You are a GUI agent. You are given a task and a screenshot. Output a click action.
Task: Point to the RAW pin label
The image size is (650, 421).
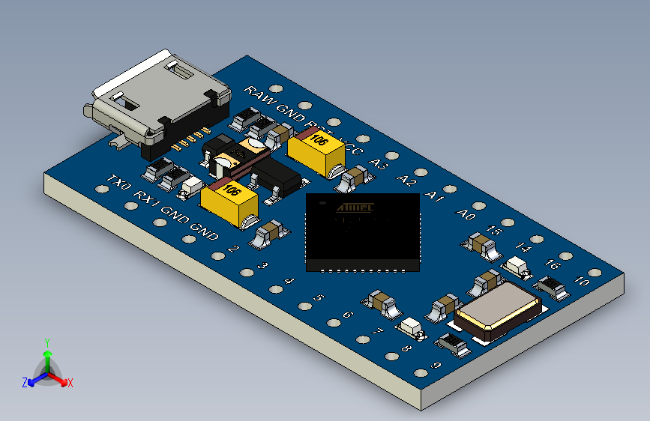(260, 95)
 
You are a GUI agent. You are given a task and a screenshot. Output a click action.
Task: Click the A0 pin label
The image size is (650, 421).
(466, 214)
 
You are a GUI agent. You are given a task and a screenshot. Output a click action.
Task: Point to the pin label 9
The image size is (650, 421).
(436, 366)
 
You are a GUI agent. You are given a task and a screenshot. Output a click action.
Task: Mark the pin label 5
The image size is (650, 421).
(318, 298)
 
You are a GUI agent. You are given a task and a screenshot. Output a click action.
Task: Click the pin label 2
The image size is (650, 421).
(233, 249)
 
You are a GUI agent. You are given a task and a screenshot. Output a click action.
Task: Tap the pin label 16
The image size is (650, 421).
(553, 264)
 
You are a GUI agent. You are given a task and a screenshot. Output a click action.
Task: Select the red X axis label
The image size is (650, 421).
(70, 383)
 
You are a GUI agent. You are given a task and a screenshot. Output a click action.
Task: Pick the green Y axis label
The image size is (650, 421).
(46, 342)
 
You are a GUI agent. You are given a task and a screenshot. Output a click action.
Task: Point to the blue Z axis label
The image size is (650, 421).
(25, 382)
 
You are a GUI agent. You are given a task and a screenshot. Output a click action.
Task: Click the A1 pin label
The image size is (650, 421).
(434, 196)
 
